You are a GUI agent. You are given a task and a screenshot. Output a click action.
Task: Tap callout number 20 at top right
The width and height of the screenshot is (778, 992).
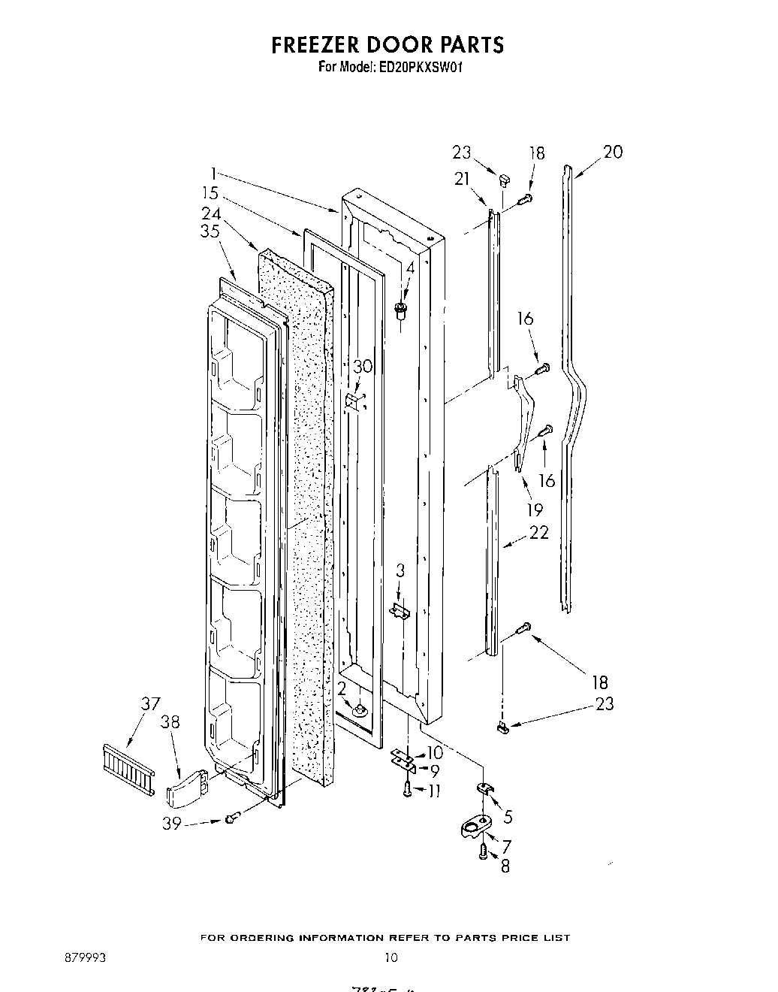(613, 152)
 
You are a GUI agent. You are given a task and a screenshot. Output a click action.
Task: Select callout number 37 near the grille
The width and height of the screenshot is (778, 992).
(150, 704)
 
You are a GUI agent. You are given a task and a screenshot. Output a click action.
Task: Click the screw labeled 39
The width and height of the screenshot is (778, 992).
(231, 818)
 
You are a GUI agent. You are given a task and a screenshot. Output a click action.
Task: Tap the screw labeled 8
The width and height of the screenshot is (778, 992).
(483, 851)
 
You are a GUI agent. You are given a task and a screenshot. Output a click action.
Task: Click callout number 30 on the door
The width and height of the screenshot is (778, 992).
(362, 367)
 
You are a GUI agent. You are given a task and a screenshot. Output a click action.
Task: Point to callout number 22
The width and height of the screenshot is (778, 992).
(538, 532)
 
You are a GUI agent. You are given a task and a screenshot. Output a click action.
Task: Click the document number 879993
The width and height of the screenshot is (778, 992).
(86, 957)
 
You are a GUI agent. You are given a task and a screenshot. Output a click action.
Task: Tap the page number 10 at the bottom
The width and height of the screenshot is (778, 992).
(391, 957)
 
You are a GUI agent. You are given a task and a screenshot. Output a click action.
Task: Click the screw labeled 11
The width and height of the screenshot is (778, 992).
(406, 788)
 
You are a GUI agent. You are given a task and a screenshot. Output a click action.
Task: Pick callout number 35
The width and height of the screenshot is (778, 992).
(210, 231)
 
